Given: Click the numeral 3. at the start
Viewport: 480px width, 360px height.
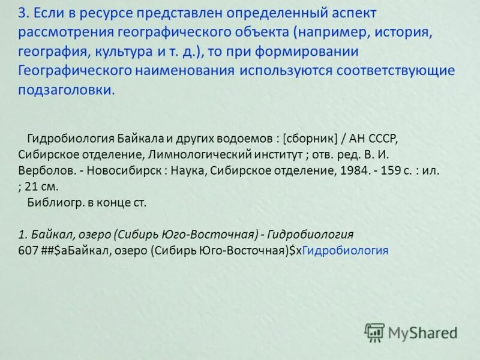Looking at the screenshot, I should pyautogui.click(x=23, y=13).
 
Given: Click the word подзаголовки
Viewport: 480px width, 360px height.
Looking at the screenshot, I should pyautogui.click(x=65, y=90).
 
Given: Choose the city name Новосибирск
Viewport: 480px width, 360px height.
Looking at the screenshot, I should pyautogui.click(x=124, y=170).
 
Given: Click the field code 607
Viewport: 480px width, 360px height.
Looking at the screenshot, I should pyautogui.click(x=28, y=250).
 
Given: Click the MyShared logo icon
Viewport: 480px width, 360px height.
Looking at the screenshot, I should pyautogui.click(x=374, y=332).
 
